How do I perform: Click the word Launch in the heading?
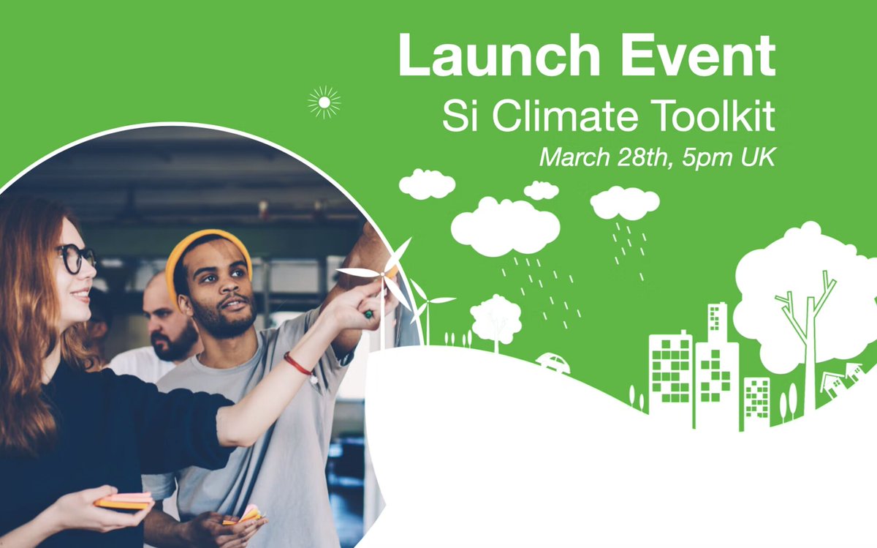(498, 56)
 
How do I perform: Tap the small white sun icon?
(324, 102)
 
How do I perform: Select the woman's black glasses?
(76, 259)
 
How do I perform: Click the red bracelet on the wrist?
(298, 364)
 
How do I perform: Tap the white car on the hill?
(553, 364)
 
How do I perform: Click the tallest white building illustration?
(717, 364)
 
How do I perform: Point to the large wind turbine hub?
(382, 274)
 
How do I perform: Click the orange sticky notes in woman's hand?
(124, 501)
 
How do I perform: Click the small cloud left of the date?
(427, 184)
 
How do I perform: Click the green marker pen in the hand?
(368, 314)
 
